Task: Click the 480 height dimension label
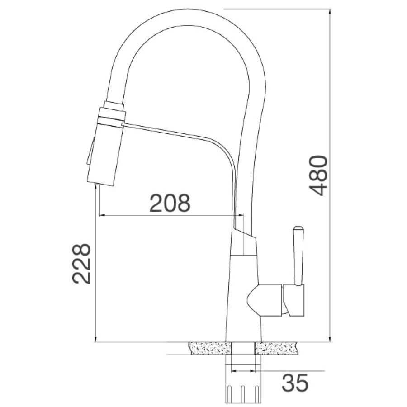tap(318, 175)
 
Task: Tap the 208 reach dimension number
tap(170, 203)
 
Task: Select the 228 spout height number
tap(81, 264)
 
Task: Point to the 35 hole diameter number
tap(295, 383)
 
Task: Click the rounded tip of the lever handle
tap(298, 228)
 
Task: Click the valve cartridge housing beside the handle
tap(264, 300)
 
